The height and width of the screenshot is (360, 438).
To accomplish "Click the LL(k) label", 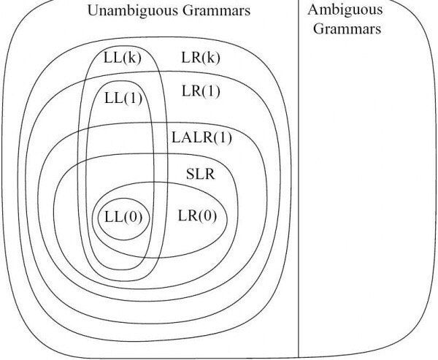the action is tap(123, 58).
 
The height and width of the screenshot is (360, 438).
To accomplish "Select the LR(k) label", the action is tap(201, 58).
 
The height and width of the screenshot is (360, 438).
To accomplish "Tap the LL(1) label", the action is tap(123, 98).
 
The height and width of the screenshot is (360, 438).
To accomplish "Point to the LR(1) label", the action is tap(201, 91).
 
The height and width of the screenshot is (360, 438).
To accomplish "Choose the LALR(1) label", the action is tap(201, 138).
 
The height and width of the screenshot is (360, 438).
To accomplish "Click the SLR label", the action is tap(200, 174).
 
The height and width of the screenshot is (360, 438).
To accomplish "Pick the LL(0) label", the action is tap(123, 217).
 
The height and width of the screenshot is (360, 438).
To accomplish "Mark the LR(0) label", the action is tap(197, 215).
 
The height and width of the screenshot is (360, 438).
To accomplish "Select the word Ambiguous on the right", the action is tap(345, 10).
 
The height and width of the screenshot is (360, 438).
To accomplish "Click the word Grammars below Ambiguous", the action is tap(347, 28).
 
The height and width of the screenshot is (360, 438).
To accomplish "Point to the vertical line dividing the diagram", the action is tap(299, 179).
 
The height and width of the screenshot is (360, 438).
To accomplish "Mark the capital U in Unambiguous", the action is tap(93, 11).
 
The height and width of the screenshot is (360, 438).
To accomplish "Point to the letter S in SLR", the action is tap(191, 174).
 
